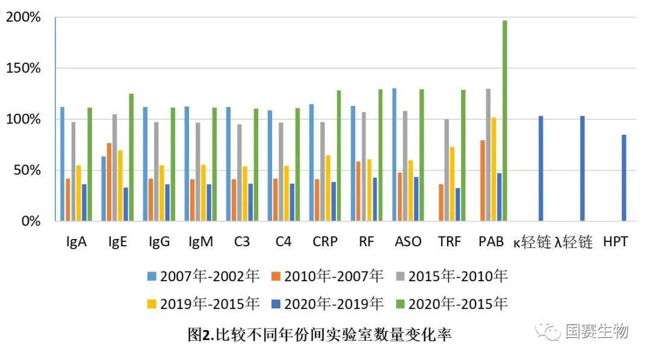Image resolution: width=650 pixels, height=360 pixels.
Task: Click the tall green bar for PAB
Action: pos(504,120)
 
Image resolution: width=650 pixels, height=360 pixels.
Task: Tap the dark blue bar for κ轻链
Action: pos(540,168)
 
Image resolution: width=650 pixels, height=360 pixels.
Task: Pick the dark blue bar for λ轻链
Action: pos(582,168)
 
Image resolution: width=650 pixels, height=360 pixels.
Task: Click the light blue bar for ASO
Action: pos(394,154)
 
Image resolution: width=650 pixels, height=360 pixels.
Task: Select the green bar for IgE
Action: pos(131,157)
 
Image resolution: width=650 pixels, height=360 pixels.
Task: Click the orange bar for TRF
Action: pos(441,202)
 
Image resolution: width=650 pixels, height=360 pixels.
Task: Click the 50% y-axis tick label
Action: pos(27,170)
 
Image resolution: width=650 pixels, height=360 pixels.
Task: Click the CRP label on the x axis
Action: pos(325,242)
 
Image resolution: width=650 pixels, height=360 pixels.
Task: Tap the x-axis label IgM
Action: pos(200,242)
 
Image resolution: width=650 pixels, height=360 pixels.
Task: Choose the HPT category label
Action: pos(616,242)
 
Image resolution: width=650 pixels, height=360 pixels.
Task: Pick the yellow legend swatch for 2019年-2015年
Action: pos(153,304)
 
